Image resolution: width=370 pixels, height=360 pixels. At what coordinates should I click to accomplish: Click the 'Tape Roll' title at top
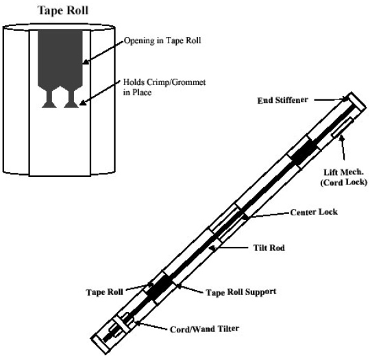(x=63, y=10)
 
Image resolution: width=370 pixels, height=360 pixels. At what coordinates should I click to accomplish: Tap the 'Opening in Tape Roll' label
(x=162, y=40)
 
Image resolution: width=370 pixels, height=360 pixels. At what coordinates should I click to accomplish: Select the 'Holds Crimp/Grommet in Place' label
(x=164, y=87)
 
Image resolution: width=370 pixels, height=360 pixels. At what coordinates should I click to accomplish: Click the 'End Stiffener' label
(x=282, y=100)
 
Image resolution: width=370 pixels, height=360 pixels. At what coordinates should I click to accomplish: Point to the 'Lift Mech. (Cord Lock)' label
(x=343, y=177)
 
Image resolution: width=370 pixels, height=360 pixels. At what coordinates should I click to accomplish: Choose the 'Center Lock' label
(x=314, y=212)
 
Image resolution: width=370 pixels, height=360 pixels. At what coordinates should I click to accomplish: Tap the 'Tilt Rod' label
(x=269, y=248)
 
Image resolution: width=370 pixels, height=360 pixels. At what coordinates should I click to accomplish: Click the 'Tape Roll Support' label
(x=241, y=292)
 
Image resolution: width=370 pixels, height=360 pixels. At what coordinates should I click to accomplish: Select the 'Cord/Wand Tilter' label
(x=204, y=329)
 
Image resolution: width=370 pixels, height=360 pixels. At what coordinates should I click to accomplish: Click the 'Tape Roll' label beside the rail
(x=104, y=292)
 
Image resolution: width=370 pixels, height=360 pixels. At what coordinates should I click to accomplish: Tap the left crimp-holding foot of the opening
(x=49, y=99)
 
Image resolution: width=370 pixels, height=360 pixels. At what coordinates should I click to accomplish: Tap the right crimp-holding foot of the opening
(x=71, y=99)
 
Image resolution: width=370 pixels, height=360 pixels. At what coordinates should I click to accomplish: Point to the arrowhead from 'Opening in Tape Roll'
(x=86, y=62)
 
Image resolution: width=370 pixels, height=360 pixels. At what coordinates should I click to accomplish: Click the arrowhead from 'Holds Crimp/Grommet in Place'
(x=83, y=102)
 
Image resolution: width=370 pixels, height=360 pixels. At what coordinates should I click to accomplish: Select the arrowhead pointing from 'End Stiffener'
(x=346, y=99)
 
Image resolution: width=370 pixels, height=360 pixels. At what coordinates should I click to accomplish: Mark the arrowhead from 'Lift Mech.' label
(x=341, y=138)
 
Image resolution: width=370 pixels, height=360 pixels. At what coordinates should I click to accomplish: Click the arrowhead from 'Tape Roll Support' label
(x=178, y=286)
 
